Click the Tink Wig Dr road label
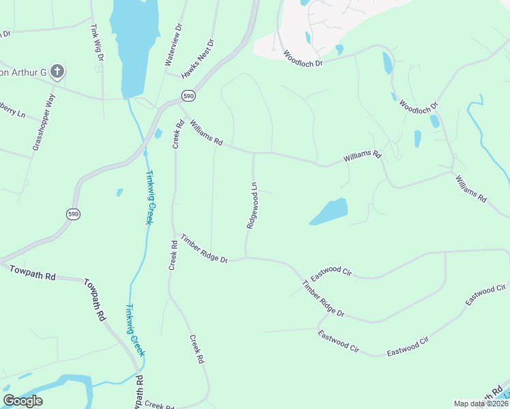97,44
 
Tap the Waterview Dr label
173,44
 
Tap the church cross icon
57,71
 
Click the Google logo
23,401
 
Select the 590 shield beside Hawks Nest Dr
189,95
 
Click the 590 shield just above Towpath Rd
74,214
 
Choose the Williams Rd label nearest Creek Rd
207,133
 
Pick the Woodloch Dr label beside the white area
302,58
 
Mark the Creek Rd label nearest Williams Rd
179,134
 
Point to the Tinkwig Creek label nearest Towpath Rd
134,329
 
